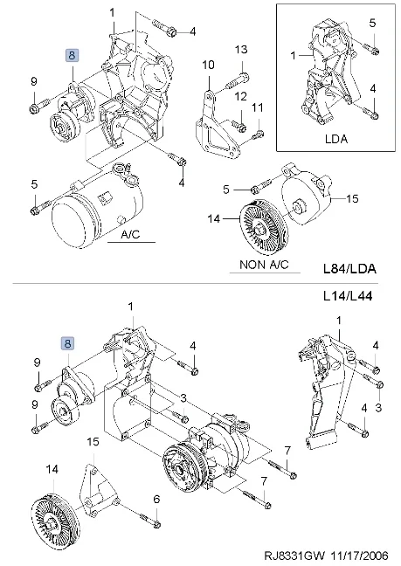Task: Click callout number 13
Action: point(241,50)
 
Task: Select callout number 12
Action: point(241,96)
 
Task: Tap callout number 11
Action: point(258,107)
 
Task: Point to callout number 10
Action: point(208,66)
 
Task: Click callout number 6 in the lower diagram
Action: point(156,500)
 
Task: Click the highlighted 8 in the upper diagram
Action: point(72,55)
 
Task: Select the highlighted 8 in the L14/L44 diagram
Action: point(68,343)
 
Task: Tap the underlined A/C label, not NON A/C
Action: point(130,235)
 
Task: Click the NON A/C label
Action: point(264,265)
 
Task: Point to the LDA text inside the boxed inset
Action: point(336,139)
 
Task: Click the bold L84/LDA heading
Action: point(349,268)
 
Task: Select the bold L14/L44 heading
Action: point(348,296)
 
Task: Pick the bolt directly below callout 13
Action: point(237,81)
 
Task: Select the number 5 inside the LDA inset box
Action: point(372,24)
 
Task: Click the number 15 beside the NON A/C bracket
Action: point(352,198)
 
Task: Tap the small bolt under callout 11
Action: point(258,135)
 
